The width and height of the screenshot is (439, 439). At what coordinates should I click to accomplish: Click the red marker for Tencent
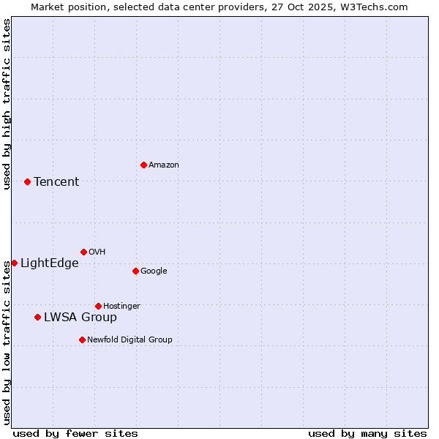27,181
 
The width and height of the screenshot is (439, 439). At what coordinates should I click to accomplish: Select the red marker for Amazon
143,165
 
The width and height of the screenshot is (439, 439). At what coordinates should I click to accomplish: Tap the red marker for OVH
83,252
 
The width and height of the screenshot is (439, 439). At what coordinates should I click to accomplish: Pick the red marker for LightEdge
14,263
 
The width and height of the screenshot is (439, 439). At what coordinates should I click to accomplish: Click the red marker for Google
135,271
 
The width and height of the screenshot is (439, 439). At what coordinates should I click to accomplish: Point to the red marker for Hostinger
98,306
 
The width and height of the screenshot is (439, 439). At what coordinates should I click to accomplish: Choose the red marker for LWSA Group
37,317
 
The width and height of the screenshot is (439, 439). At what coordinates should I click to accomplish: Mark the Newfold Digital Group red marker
82,339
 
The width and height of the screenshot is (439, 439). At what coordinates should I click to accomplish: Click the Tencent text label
56,181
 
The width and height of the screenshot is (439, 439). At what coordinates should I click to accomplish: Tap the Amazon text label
164,165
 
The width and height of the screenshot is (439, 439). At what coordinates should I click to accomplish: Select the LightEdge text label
49,263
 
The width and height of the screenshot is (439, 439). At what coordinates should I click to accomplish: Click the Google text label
154,271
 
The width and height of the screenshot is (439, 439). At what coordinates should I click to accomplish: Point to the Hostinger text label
121,306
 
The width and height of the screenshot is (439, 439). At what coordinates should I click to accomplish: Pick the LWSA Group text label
80,317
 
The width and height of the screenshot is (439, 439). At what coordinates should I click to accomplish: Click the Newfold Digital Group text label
130,339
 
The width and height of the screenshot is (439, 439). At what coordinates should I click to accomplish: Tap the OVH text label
97,252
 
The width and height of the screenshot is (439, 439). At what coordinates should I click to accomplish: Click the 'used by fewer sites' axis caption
75,433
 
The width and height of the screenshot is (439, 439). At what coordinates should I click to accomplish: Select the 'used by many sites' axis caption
367,433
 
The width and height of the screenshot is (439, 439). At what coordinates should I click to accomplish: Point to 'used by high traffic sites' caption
7,104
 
